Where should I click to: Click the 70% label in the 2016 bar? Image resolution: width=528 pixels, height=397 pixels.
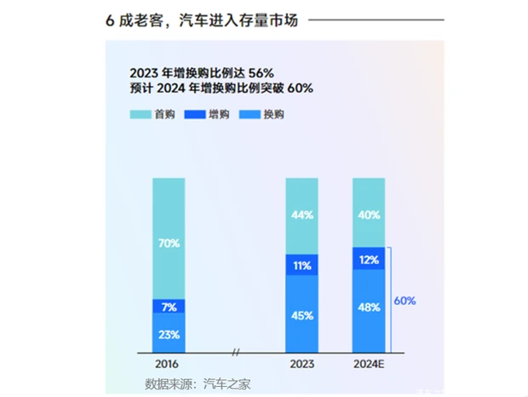169,244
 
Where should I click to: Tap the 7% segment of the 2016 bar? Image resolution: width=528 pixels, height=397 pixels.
169,306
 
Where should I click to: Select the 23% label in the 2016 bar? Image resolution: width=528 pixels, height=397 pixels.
169,334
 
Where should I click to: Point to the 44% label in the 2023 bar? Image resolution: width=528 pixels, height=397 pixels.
301,216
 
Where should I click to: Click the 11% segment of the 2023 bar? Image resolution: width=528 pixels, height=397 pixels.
301,265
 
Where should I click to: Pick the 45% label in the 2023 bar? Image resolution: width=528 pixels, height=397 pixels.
301,314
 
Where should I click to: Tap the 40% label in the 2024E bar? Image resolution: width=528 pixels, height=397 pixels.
369,216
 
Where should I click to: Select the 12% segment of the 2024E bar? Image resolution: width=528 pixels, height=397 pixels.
369,259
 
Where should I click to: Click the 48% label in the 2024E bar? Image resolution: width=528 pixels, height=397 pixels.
369,308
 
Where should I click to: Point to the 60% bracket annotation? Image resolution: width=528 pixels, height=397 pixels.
405,301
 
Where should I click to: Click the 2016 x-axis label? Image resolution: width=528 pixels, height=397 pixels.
169,364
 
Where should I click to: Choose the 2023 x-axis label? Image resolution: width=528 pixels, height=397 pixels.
301,364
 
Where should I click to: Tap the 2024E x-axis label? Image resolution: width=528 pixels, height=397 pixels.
369,364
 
